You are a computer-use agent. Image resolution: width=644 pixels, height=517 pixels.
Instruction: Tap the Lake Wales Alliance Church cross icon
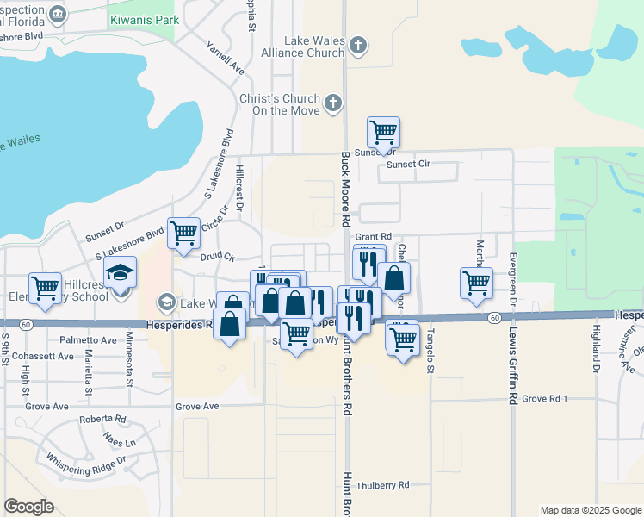click(x=359, y=46)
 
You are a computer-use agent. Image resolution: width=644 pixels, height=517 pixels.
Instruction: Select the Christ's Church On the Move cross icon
click(x=333, y=104)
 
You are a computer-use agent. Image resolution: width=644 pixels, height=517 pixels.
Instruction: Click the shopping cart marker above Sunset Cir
click(x=383, y=134)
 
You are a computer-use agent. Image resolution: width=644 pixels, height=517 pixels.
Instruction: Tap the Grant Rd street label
click(x=374, y=236)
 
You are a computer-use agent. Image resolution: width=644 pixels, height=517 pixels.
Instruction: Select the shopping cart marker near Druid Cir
click(x=183, y=233)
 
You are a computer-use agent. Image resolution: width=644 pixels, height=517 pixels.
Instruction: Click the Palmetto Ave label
click(x=89, y=340)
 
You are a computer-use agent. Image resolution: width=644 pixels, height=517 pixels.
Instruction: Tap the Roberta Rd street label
click(x=102, y=420)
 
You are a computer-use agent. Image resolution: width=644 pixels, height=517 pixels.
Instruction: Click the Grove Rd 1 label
click(x=546, y=399)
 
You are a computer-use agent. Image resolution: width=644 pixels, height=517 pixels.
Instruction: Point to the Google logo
click(x=28, y=507)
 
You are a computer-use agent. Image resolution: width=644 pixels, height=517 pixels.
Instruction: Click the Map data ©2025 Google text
click(x=590, y=510)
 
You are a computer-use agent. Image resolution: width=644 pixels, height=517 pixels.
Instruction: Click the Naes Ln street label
click(x=120, y=441)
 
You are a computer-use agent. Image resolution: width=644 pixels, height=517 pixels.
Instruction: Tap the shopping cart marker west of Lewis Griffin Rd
click(x=476, y=283)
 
